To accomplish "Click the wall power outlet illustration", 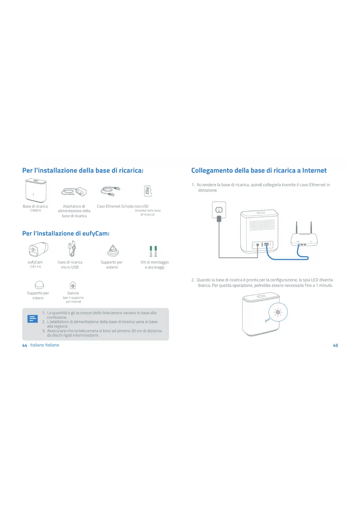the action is coord(219,210).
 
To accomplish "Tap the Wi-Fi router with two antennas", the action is coord(304,238).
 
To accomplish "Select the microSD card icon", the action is coord(148,191).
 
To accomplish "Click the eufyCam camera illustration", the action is coord(38,249).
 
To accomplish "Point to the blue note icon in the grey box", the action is coord(32,319).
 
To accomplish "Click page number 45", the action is coord(335,345).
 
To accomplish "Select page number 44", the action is coord(25,345).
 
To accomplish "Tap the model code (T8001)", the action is coord(35,211).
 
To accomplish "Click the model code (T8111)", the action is coord(35,267).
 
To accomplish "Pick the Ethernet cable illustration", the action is coord(110,191).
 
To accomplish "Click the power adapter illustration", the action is coord(74,192).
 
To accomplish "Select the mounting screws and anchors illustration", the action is coord(153,251).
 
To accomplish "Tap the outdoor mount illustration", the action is coord(113,251).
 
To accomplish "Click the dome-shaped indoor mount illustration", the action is coord(39,285).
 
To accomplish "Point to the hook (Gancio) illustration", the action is coord(73,285).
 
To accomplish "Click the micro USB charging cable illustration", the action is coord(72,249).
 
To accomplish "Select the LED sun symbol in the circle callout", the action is coord(278,312).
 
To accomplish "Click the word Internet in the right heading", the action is coord(314,170).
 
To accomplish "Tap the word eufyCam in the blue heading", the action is coord(95,233).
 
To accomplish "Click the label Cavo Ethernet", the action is coord(108,206).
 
